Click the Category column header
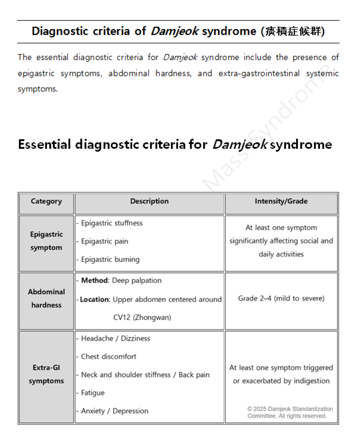(x=46, y=201)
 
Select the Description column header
(x=149, y=201)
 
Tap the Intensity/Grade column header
(x=281, y=201)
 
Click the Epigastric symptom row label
(x=46, y=241)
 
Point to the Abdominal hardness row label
(x=46, y=299)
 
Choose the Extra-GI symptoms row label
(x=46, y=374)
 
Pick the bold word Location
(x=94, y=300)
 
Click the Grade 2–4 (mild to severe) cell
(x=281, y=299)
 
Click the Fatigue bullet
(x=92, y=393)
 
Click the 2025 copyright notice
(x=290, y=412)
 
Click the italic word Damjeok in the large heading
(x=239, y=145)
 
